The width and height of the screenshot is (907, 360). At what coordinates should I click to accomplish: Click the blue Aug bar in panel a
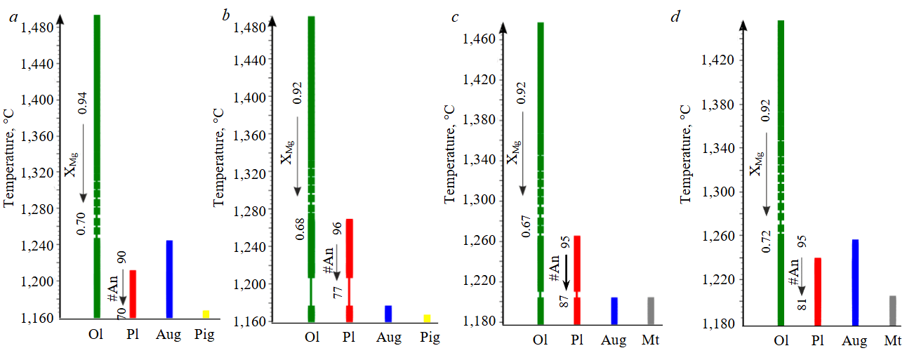pos(169,279)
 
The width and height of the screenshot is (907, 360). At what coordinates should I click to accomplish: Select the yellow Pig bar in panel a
pos(206,314)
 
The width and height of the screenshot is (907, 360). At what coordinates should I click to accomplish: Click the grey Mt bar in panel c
pos(651,311)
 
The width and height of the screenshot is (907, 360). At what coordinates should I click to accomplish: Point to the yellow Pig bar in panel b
pos(427,318)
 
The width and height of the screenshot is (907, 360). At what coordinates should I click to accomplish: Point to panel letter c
pos(456,17)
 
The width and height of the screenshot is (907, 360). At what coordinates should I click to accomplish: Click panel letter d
pos(675,17)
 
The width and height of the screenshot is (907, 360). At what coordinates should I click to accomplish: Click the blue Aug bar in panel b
pos(388,313)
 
